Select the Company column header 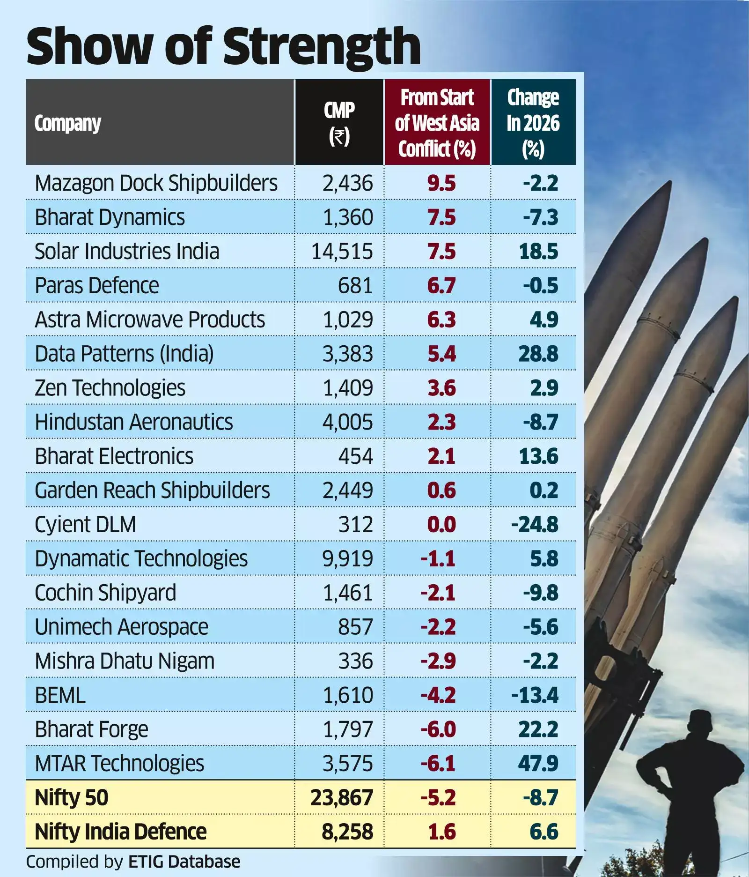coord(67,123)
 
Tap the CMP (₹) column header coord(339,123)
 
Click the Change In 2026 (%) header coord(533,123)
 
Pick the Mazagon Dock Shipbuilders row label coord(156,183)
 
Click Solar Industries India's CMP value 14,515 coord(342,252)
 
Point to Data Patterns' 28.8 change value coord(538,354)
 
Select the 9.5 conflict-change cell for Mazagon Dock coord(441,183)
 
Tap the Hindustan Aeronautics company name coord(133,422)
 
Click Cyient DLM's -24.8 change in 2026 coord(535,525)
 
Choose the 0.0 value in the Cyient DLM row coord(441,525)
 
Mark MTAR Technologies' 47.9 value coord(538,764)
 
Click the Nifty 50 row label coord(71,798)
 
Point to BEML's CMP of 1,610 coord(348,695)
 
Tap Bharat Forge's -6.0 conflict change coord(438,729)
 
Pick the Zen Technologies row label coord(110,388)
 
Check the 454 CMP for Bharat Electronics coord(355,456)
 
